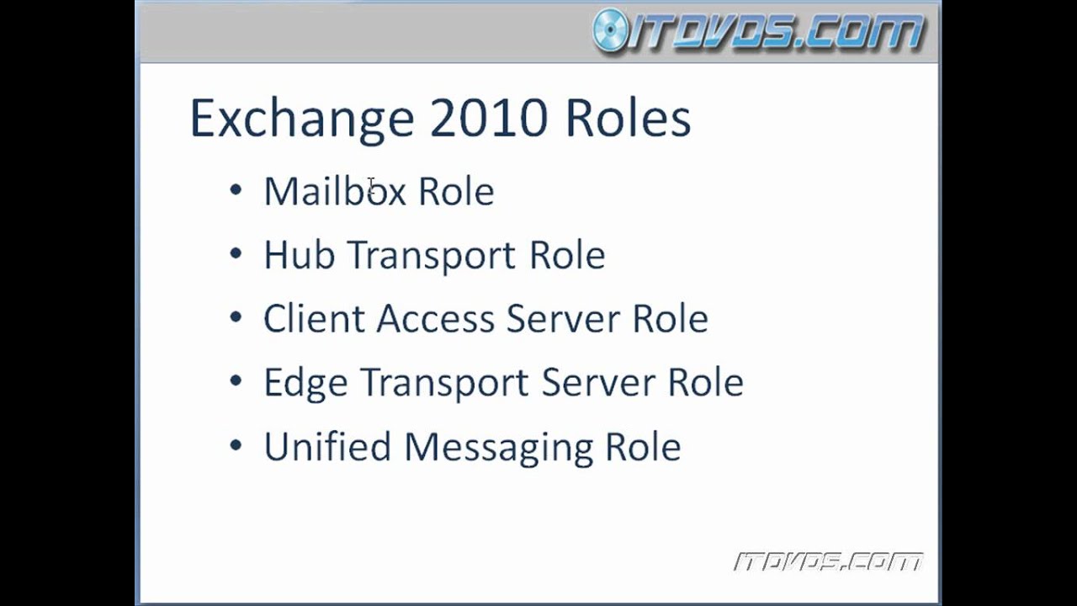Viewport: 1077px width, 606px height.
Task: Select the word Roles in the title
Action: click(x=628, y=118)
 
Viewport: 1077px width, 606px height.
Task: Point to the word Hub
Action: click(x=299, y=255)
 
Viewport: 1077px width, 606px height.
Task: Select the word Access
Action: click(x=434, y=319)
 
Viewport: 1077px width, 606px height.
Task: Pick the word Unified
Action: click(x=327, y=446)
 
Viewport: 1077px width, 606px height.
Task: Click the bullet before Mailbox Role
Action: click(x=236, y=190)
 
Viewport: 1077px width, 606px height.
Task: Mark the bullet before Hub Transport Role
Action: click(x=236, y=254)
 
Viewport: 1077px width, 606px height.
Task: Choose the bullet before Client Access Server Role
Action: click(x=236, y=318)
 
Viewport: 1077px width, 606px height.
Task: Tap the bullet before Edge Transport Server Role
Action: click(x=236, y=382)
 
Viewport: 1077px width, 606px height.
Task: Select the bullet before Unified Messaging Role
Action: click(x=236, y=446)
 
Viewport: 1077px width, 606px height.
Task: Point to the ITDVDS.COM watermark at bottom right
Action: click(x=828, y=561)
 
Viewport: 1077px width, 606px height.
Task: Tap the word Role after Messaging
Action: click(x=643, y=446)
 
